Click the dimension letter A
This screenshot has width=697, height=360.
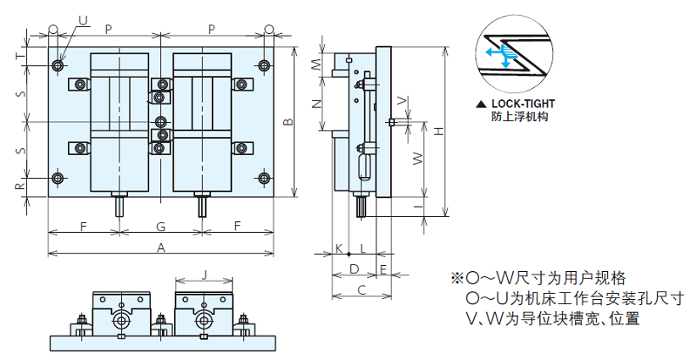click(x=161, y=248)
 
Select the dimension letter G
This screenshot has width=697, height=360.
click(x=161, y=227)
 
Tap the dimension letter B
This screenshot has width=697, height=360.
click(x=288, y=122)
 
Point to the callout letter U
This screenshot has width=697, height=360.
click(x=83, y=19)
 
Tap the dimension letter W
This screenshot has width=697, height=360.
click(x=417, y=159)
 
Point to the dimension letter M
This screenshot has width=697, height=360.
click(x=318, y=65)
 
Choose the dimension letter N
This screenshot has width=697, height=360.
click(x=318, y=103)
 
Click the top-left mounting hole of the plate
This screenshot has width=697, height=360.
click(x=58, y=65)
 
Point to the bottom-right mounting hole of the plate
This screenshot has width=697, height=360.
click(x=265, y=179)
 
